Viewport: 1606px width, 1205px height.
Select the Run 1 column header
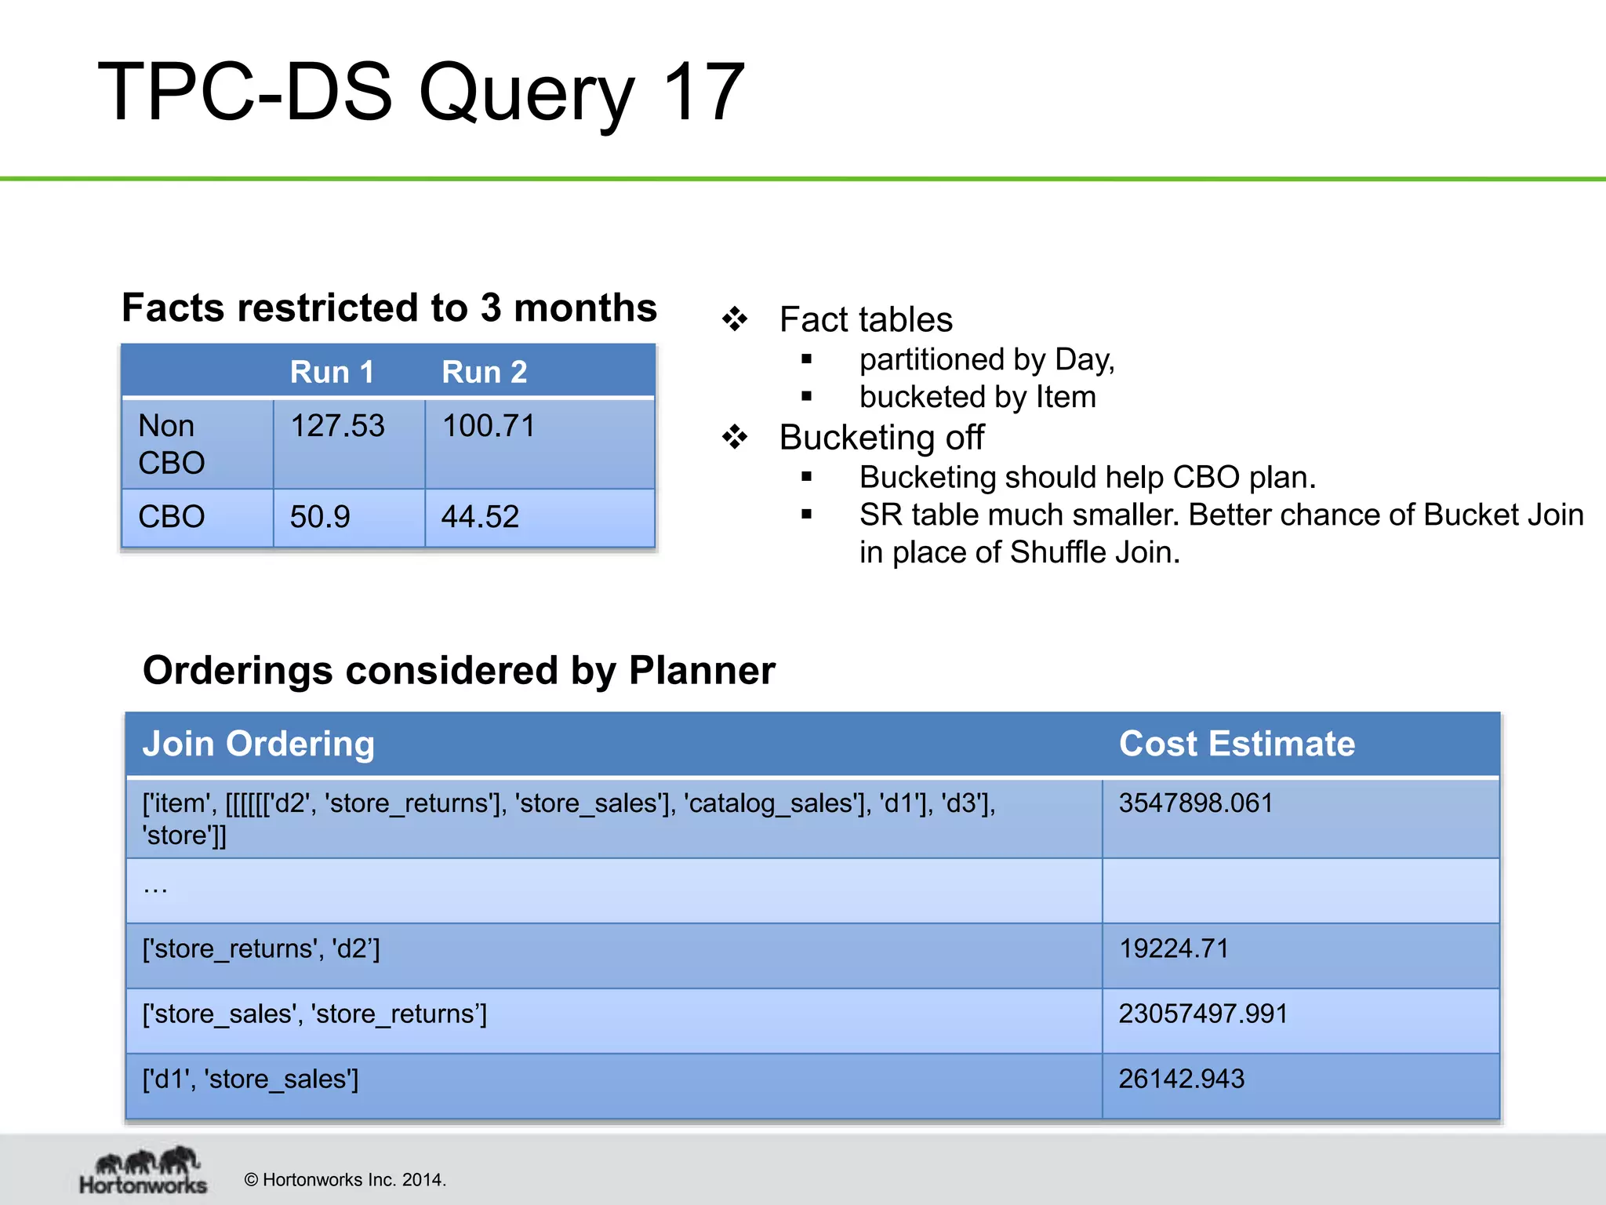click(x=332, y=372)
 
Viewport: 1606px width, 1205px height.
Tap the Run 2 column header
click(x=484, y=372)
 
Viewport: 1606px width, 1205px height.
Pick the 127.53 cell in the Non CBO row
click(x=337, y=426)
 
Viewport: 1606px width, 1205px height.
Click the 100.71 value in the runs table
click(x=489, y=426)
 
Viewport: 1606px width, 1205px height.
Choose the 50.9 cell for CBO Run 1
click(x=320, y=517)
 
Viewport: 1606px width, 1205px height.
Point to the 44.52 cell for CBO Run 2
click(x=480, y=517)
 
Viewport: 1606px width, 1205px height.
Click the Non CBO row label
click(x=171, y=444)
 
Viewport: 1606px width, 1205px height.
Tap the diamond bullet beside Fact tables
click(x=735, y=319)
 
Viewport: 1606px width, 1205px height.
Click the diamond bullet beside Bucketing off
click(x=735, y=437)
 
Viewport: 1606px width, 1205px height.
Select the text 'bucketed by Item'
click(x=977, y=397)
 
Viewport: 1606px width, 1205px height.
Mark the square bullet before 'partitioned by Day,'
click(x=806, y=360)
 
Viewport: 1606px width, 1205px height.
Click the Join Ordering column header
click(x=258, y=744)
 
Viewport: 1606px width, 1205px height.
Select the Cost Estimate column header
click(x=1237, y=744)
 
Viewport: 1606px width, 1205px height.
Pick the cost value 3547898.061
click(x=1195, y=803)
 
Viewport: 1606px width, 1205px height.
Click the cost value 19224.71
click(x=1173, y=949)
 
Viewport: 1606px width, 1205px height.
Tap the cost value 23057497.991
click(x=1203, y=1014)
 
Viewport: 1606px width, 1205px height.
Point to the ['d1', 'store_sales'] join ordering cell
click(x=250, y=1079)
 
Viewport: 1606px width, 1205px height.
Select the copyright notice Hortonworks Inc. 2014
click(x=345, y=1180)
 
